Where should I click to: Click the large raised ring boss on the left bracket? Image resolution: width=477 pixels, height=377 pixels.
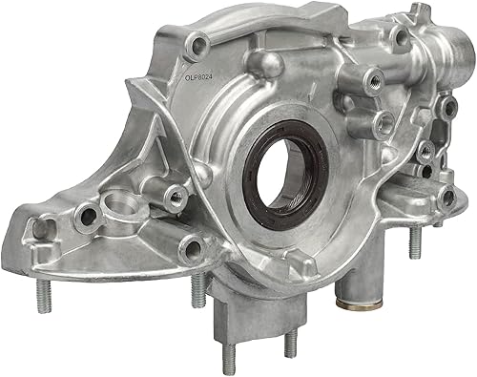(117, 204)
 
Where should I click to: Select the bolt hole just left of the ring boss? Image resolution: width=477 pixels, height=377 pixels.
(85, 215)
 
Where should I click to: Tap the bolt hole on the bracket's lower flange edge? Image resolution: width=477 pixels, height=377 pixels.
(194, 250)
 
